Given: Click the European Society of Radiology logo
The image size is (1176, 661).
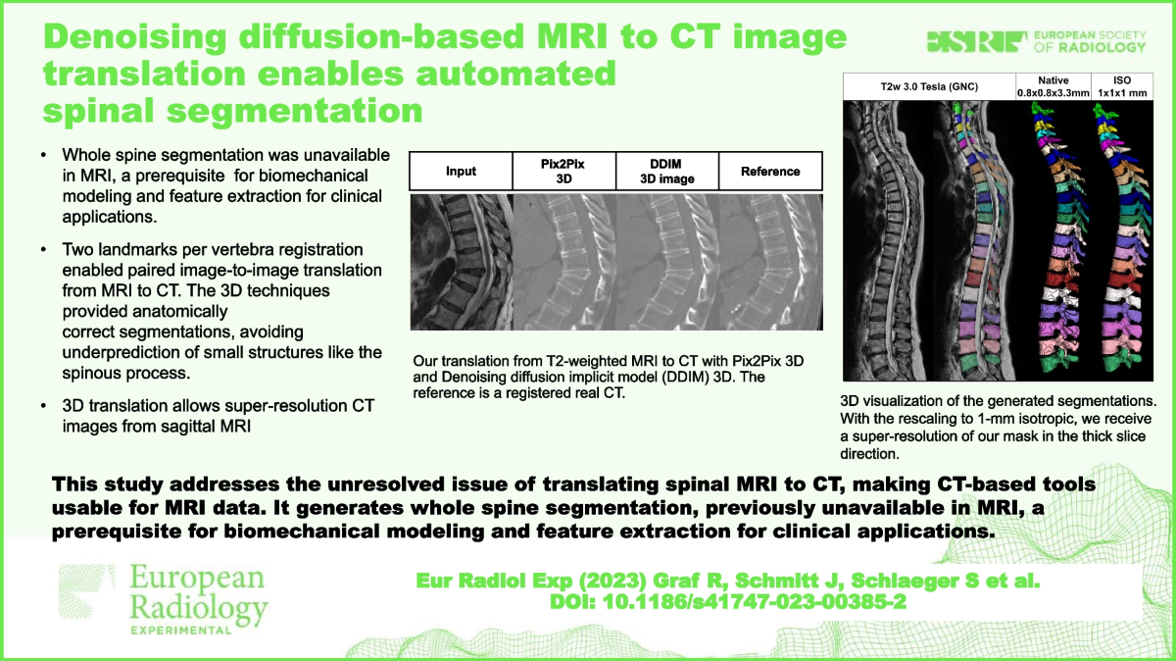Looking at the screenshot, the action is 1036,41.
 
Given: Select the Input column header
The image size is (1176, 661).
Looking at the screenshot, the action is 461,171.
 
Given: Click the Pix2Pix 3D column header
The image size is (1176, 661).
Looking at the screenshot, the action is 563,171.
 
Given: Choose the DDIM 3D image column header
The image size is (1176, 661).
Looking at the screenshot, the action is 667,171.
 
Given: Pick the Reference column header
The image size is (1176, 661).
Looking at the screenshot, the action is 770,171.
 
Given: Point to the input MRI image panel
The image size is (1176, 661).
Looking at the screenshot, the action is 461,265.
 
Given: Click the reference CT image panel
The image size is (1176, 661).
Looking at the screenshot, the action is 770,265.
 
